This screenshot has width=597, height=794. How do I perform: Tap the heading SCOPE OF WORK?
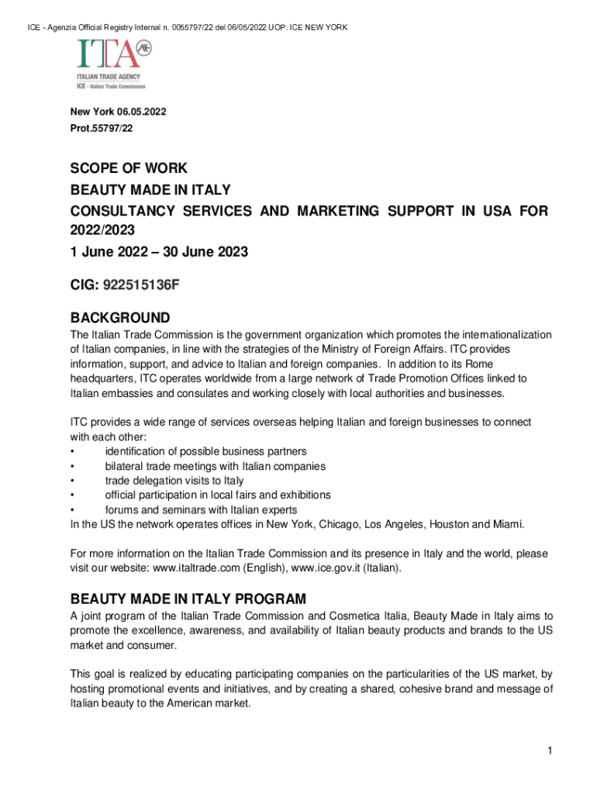[129, 169]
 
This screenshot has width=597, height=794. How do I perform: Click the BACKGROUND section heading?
[120, 318]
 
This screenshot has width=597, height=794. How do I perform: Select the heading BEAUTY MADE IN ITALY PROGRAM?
[188, 599]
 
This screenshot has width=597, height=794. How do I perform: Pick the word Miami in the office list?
[506, 524]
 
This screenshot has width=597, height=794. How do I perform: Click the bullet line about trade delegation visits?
[174, 481]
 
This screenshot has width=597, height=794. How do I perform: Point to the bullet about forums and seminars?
[201, 509]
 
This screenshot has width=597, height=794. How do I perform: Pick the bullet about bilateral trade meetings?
[215, 466]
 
